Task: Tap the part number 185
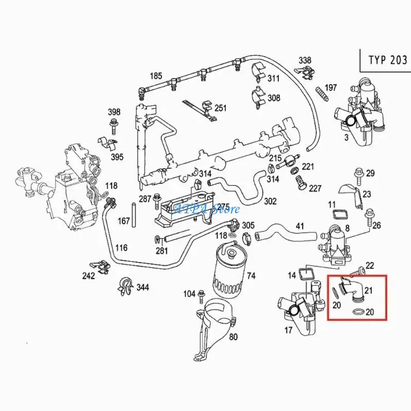click(156, 77)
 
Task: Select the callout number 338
click(305, 61)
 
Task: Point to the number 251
click(220, 108)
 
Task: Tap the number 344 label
click(142, 287)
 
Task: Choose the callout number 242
click(89, 276)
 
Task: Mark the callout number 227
click(315, 188)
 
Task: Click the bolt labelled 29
click(359, 173)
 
